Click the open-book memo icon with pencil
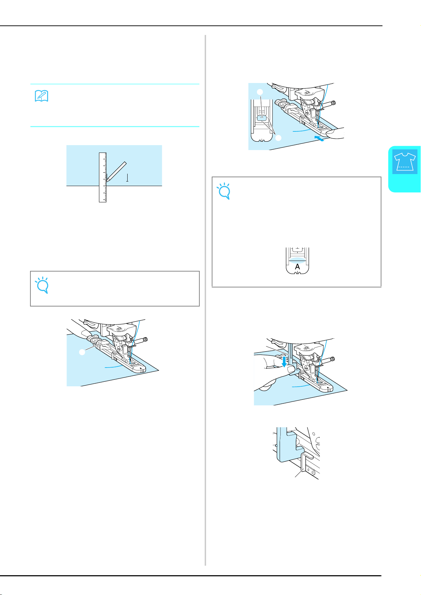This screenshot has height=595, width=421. pos(41,96)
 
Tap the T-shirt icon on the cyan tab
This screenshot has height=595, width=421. pos(404,161)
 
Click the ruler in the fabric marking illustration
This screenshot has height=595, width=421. pos(103,177)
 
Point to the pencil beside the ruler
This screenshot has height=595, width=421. pos(116,171)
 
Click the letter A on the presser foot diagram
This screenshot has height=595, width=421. pos(297,266)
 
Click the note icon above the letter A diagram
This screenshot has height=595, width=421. pos(224,191)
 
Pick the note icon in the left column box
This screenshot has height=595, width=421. pos(42,285)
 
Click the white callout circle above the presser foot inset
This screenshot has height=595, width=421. pos(260,92)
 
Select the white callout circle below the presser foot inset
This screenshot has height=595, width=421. pos(278,138)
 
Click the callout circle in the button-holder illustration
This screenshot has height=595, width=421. pos(82,352)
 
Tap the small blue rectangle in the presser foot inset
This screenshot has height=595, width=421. pos(262,118)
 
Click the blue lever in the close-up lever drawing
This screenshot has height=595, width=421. pos(288,445)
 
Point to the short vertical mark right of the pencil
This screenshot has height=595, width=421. pos(127,178)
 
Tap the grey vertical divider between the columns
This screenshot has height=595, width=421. pos(205,300)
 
